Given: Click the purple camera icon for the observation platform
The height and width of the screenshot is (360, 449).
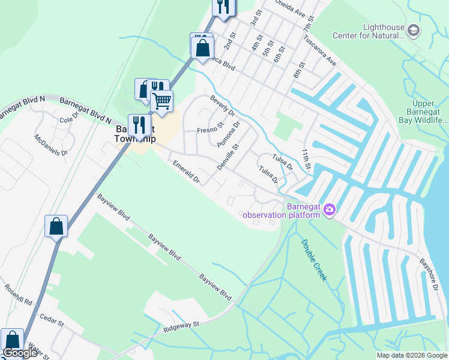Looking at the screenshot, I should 329,209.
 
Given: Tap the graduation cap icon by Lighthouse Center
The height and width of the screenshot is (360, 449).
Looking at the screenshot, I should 414,30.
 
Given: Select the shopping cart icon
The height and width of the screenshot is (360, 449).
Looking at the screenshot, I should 161,101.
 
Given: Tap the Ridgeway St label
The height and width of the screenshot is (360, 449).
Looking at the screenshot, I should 181,328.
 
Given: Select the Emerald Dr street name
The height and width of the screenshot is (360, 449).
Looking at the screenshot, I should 185,172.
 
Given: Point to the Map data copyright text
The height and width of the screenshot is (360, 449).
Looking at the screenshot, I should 412,355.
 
